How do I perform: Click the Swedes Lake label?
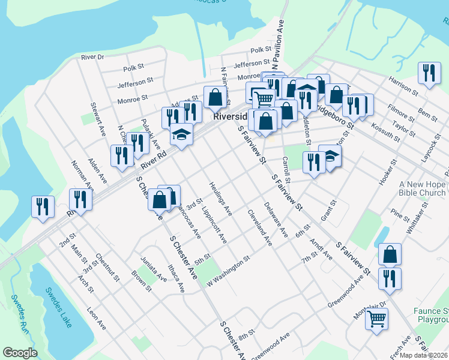(x=58, y=307)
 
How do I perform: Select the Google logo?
(x=20, y=353)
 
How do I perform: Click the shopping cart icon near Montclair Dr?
(x=376, y=319)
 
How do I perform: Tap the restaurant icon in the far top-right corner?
(x=429, y=74)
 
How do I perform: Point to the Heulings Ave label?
(x=220, y=198)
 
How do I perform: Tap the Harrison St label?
(x=403, y=85)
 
